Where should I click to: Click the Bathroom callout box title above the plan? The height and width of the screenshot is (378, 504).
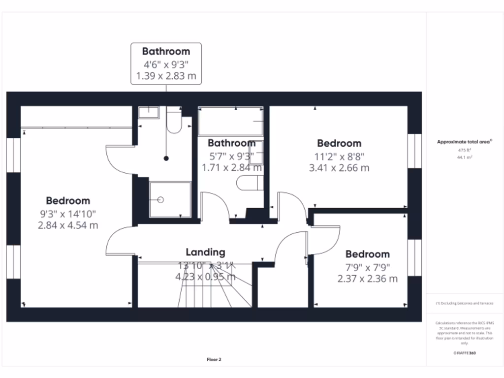point(166,51)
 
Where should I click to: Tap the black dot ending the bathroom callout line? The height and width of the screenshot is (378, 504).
point(166,158)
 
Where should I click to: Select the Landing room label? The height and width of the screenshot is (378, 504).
point(205,252)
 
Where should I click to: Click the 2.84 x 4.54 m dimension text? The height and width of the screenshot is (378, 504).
point(68,225)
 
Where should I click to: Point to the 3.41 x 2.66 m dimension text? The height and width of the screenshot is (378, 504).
point(339,168)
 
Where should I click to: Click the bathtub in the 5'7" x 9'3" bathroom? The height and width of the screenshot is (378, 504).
point(230,122)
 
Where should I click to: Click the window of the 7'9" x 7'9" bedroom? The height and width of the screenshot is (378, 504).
point(414,258)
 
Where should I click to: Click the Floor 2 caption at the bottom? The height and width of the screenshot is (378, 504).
point(214,360)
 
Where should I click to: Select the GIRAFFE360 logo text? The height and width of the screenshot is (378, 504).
point(465,353)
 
